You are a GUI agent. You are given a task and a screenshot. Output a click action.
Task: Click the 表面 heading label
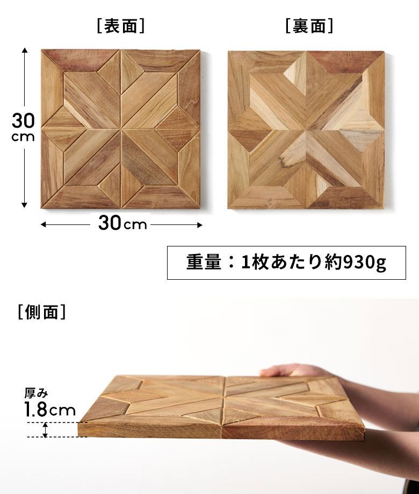(121, 26)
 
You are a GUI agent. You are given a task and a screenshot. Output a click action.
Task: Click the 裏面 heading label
(309, 26)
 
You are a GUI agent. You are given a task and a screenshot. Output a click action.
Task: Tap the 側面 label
(41, 312)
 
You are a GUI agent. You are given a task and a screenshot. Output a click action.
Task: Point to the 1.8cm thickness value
(50, 409)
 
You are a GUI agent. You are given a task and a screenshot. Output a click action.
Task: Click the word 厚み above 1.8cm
(36, 393)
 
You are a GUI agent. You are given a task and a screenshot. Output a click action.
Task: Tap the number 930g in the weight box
(364, 263)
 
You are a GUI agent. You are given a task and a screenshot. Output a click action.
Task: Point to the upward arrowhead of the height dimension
(25, 50)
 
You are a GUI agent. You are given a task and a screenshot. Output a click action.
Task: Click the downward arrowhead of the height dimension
(25, 205)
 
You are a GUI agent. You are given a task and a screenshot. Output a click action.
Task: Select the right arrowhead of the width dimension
(200, 225)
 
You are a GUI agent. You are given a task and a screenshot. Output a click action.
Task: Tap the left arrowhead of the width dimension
(44, 224)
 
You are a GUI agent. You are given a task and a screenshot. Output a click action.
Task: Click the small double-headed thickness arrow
(45, 430)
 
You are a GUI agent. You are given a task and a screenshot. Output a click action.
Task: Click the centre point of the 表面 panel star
(121, 129)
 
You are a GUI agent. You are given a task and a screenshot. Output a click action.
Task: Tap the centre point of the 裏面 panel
(306, 130)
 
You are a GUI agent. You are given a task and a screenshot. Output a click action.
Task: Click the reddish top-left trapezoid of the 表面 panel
(81, 61)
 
